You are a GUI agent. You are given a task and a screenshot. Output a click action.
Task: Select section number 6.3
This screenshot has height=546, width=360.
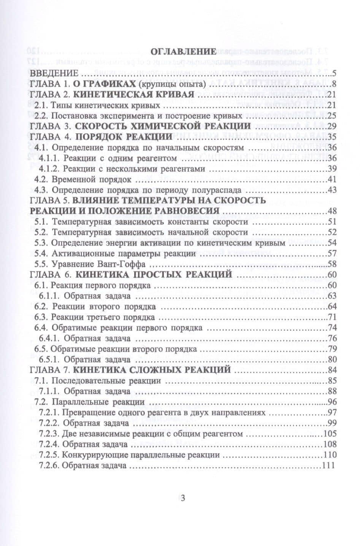coord(41,317)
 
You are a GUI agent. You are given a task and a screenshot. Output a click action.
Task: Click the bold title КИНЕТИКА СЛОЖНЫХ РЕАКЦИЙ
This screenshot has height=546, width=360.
coord(152,369)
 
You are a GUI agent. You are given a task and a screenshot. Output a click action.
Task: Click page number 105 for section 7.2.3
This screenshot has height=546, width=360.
coord(328,434)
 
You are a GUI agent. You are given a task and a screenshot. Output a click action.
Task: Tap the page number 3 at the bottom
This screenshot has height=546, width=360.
coord(182,499)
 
